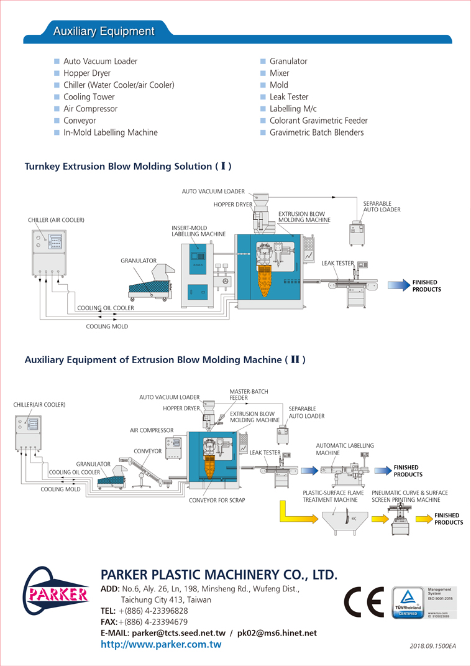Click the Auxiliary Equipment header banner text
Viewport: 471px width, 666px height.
(x=103, y=31)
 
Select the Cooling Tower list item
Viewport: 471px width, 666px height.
(x=89, y=97)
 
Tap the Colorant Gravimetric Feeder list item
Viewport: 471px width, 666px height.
(x=318, y=121)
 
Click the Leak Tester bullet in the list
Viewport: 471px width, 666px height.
(x=289, y=97)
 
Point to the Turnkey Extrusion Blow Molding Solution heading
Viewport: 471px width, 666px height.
(x=127, y=167)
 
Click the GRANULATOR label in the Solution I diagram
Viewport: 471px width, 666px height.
(x=138, y=261)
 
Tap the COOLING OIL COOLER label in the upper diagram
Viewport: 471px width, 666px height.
(x=105, y=308)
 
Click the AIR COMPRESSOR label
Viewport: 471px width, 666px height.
(x=152, y=430)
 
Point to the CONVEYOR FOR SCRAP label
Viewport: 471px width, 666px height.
(x=217, y=500)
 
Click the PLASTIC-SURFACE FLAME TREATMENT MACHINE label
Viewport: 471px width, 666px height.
(x=333, y=496)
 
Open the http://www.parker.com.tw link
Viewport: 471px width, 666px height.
(x=160, y=645)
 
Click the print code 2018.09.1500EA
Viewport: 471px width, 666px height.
(x=432, y=646)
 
